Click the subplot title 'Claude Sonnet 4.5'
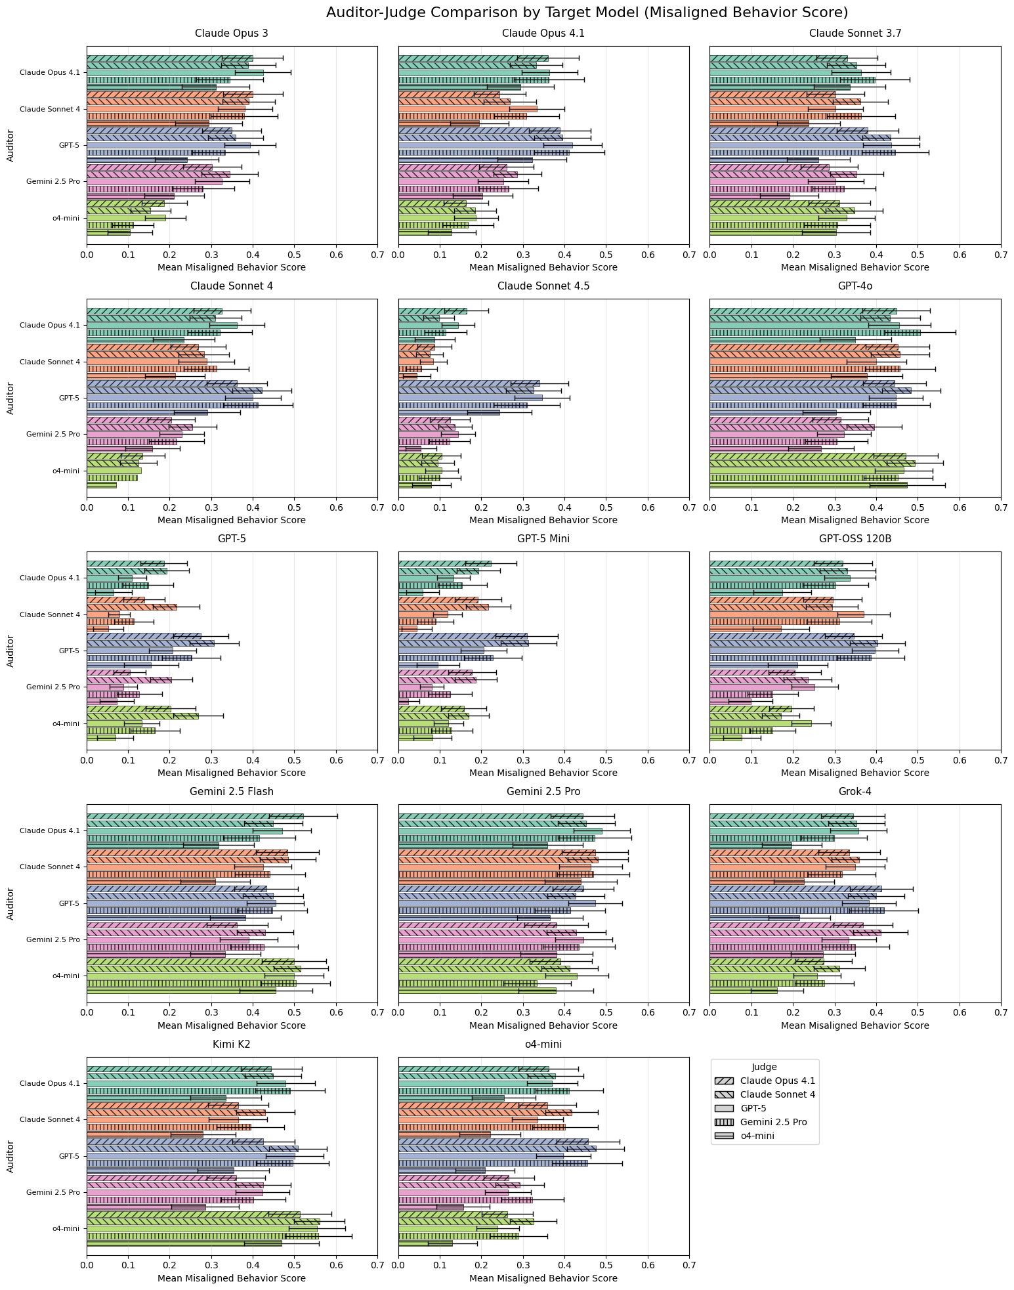[543, 286]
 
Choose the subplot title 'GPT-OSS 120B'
[855, 539]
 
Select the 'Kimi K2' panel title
[232, 1044]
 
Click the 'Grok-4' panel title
[855, 792]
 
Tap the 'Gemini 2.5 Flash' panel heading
[232, 792]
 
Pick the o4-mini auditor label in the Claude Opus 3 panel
[66, 218]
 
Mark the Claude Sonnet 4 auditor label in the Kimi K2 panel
[50, 1119]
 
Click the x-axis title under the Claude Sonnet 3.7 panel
[855, 267]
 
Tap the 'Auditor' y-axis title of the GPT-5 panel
[11, 651]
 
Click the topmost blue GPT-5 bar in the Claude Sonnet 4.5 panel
[469, 383]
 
